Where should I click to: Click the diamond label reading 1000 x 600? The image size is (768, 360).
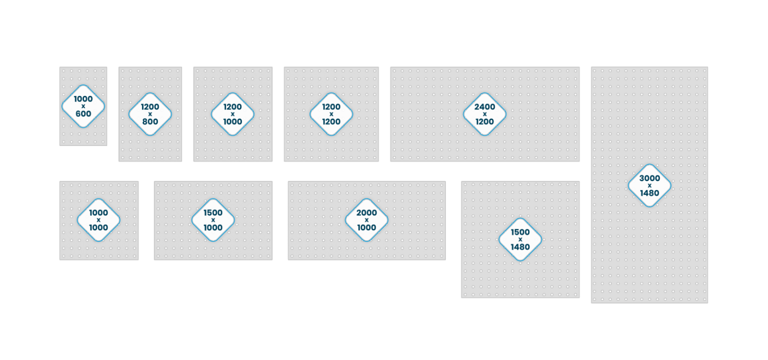[x=83, y=106]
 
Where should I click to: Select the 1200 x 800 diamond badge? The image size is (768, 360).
[x=150, y=114]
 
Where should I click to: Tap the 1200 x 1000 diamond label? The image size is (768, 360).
[x=232, y=114]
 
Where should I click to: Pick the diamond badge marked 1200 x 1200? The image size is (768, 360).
[x=331, y=114]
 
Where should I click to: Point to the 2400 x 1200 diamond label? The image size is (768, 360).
[x=484, y=114]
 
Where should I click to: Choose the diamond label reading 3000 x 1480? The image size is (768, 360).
[x=649, y=185]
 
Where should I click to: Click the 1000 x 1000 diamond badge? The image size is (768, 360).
[x=98, y=220]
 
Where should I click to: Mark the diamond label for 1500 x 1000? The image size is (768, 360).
[x=213, y=220]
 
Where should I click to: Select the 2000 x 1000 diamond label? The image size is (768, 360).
[x=366, y=220]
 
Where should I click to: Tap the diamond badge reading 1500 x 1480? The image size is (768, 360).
[x=520, y=239]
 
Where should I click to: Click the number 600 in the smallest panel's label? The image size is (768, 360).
[x=83, y=113]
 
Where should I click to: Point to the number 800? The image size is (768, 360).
[x=150, y=121]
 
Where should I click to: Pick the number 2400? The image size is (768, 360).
[x=484, y=106]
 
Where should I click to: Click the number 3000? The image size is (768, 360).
[x=649, y=178]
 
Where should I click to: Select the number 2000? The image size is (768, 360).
[x=366, y=212]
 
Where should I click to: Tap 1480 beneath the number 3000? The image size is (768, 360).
[x=649, y=193]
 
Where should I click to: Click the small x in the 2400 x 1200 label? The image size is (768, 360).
[x=484, y=114]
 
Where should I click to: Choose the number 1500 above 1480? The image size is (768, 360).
[x=520, y=232]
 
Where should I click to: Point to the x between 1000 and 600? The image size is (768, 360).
[x=83, y=106]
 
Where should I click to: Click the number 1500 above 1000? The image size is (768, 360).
[x=213, y=212]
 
